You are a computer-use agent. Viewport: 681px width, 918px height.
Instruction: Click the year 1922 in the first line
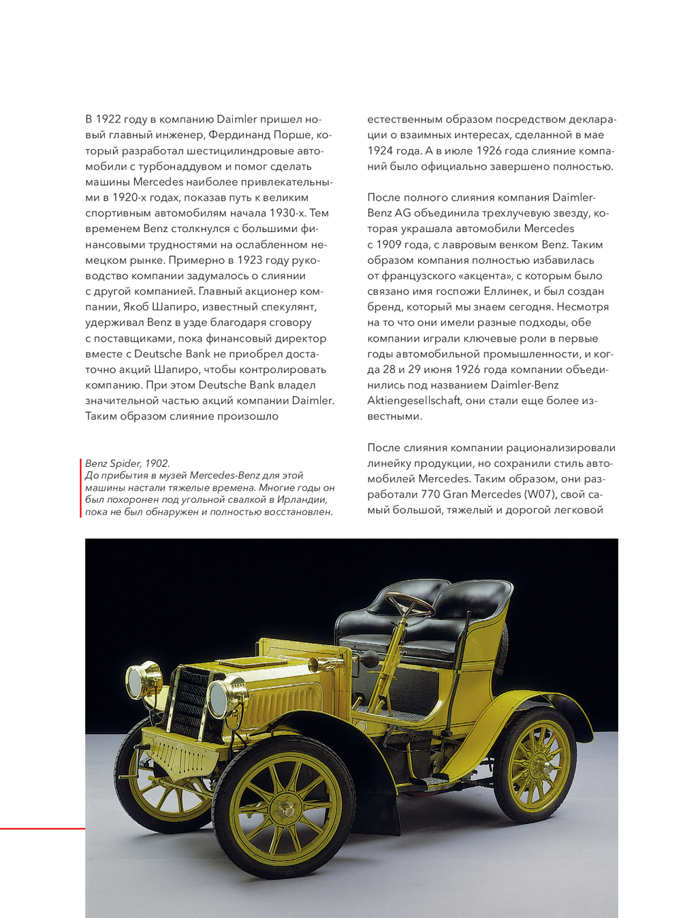point(109,120)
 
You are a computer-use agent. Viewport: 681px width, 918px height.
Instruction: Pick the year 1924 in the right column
point(381,151)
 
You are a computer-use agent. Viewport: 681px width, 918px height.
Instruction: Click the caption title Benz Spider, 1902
point(127,463)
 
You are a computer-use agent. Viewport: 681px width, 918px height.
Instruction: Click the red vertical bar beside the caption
point(81,487)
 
